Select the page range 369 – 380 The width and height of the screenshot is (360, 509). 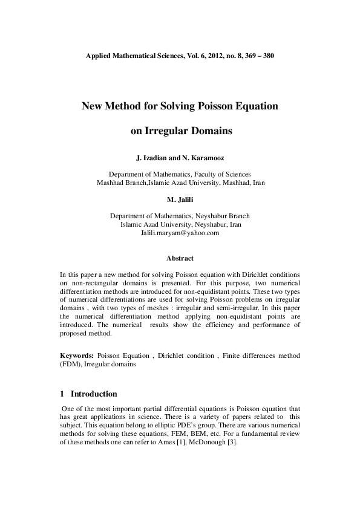[x=258, y=55]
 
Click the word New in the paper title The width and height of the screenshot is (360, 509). [x=94, y=106]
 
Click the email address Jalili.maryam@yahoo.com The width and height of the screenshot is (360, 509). [x=180, y=232]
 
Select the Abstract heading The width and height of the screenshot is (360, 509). [x=180, y=258]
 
